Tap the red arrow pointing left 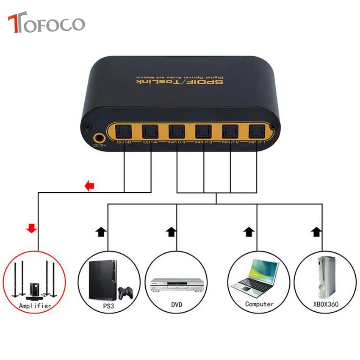[89, 186]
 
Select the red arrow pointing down [31, 229]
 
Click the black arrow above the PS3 [100, 231]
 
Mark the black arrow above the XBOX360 [316, 231]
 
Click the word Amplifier [35, 305]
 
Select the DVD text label [177, 304]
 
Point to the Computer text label [259, 304]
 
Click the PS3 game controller [124, 292]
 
